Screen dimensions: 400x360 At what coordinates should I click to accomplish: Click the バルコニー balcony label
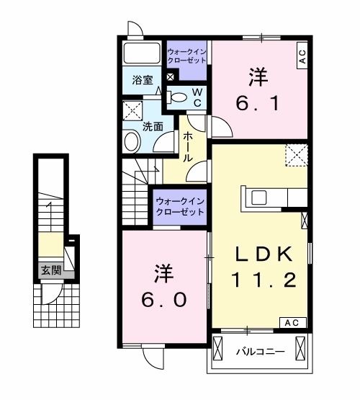(261, 352)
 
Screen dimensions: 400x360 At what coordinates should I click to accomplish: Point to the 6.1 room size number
(256, 103)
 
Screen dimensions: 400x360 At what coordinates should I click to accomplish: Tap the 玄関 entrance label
(50, 271)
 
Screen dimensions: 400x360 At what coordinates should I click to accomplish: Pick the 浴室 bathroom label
(142, 81)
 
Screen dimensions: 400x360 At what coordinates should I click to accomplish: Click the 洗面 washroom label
(152, 125)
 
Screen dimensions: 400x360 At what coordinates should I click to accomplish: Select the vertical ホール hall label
(187, 146)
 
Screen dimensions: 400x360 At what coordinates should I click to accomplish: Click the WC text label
(195, 98)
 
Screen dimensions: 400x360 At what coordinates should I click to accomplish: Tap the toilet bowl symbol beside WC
(177, 97)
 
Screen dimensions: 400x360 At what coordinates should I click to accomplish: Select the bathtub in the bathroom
(141, 53)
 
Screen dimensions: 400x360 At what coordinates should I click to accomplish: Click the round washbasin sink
(132, 141)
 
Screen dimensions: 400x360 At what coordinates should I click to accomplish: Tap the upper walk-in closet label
(187, 55)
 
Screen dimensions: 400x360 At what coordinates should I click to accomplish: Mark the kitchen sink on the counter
(259, 197)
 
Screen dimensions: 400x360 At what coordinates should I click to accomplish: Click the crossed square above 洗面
(132, 110)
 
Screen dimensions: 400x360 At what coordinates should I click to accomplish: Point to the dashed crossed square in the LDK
(296, 155)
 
